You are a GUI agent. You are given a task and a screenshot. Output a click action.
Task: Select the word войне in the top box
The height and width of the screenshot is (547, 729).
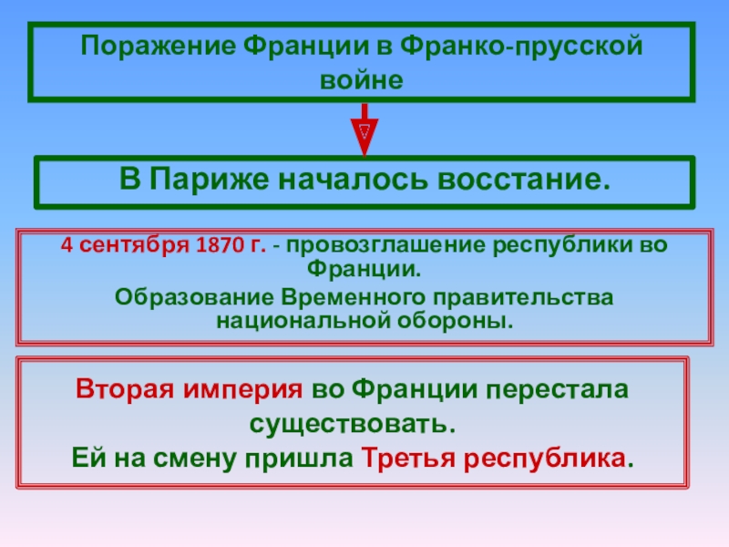362,79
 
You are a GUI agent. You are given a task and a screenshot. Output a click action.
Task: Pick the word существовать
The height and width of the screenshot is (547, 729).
351,425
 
